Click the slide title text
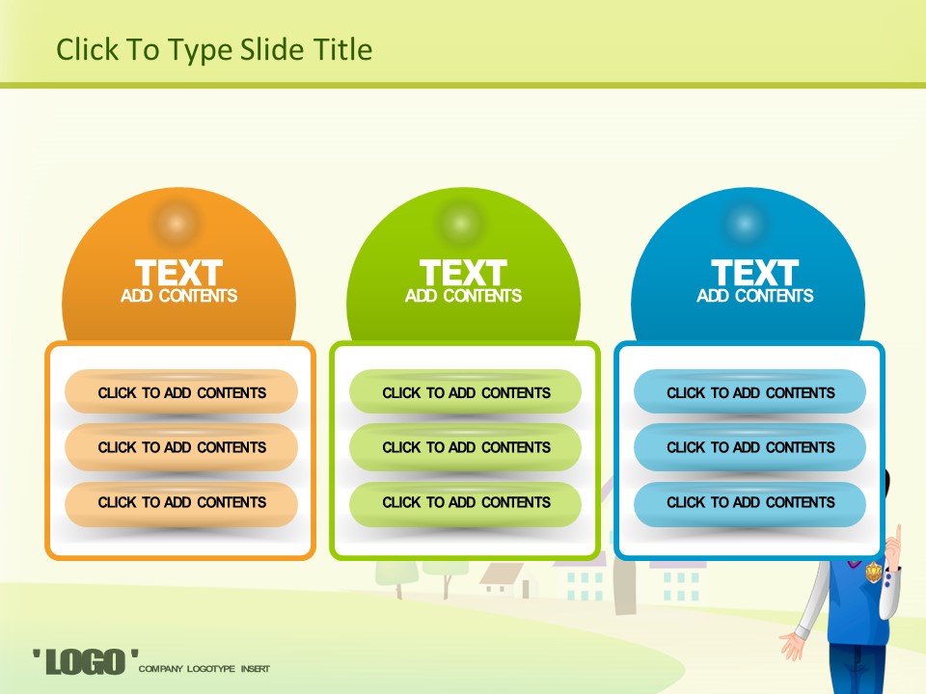click(214, 49)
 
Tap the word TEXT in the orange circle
click(179, 273)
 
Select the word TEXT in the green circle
click(464, 273)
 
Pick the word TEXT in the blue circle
click(755, 273)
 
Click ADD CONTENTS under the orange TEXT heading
click(179, 296)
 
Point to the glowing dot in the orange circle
click(176, 224)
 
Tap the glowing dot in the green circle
click(461, 224)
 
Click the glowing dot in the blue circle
click(746, 224)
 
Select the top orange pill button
click(181, 391)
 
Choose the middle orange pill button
click(181, 446)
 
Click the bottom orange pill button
click(181, 504)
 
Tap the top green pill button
click(465, 391)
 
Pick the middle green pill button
click(465, 446)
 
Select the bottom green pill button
click(465, 504)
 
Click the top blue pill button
click(750, 391)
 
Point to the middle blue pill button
click(750, 446)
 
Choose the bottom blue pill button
click(750, 504)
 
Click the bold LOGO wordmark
click(86, 661)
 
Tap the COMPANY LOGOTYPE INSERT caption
click(204, 669)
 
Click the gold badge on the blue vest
click(874, 572)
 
